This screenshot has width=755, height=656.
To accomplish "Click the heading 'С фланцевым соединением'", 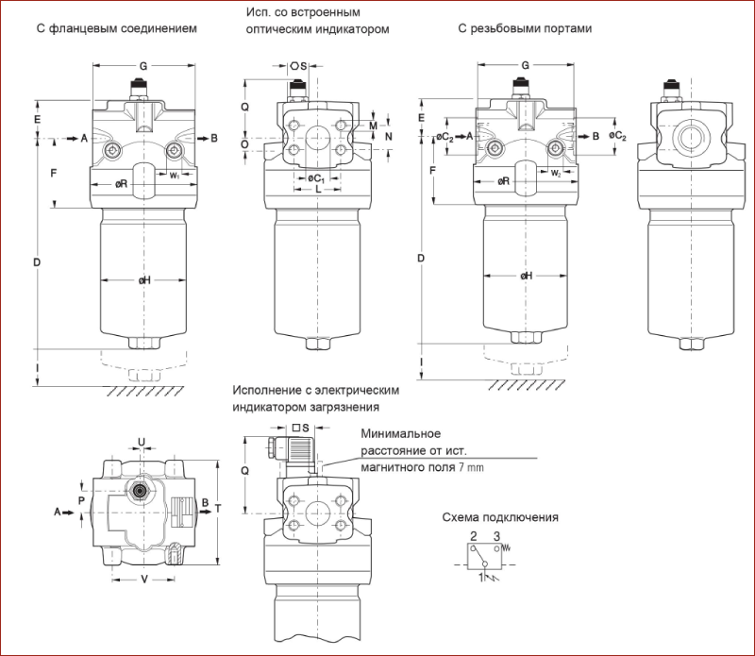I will point(116,28).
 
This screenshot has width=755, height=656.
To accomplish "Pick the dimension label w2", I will point(557,173).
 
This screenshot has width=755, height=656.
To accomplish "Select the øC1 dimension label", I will point(316,177).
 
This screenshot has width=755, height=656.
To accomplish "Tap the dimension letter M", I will point(374,126).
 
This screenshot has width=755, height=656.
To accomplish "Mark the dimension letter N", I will point(388,136).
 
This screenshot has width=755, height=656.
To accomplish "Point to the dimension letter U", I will point(142,441).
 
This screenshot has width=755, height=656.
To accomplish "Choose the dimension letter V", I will point(143,580).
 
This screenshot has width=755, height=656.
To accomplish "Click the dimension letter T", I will point(218,508).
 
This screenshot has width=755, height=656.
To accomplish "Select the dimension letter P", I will point(82,499).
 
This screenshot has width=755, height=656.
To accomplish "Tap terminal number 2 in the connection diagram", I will point(472,535).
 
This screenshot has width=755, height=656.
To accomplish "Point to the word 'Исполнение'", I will point(263,391).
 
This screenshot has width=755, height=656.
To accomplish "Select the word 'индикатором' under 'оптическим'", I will point(357,29).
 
